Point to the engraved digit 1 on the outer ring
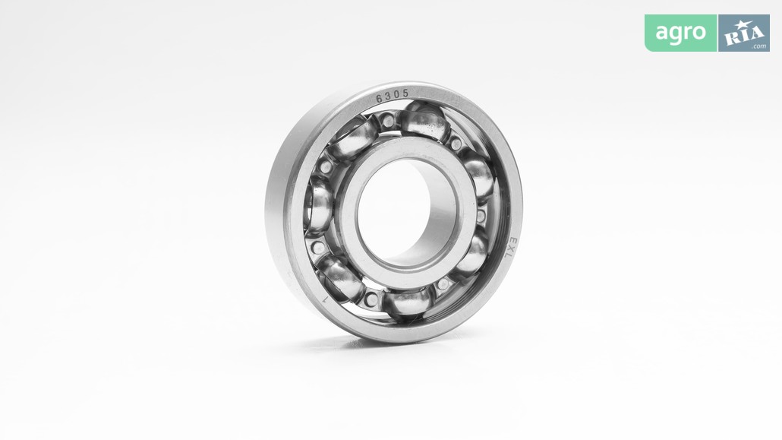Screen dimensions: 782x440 325,300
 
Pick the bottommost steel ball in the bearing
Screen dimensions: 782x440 408,303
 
